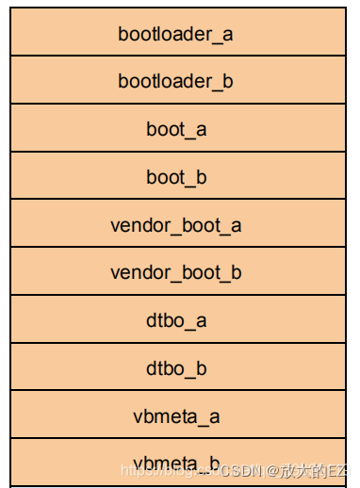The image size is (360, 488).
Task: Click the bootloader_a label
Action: (176, 34)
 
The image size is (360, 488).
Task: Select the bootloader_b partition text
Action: (176, 81)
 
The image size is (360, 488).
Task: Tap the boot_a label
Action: (176, 129)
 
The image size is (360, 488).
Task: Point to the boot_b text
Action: (176, 177)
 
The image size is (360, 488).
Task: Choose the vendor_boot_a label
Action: (176, 225)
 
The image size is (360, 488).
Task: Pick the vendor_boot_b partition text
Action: (176, 272)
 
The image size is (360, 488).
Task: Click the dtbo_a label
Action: (176, 320)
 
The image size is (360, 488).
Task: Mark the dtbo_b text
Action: (176, 368)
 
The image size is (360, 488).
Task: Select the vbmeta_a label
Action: (176, 415)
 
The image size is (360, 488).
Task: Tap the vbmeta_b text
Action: (176, 462)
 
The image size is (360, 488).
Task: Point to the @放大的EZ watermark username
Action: (307, 469)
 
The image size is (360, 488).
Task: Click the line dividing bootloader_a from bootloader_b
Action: (176, 56)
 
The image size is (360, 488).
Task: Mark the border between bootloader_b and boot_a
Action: (176, 104)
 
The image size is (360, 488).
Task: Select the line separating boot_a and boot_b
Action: (176, 152)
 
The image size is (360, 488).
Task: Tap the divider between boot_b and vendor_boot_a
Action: (176, 200)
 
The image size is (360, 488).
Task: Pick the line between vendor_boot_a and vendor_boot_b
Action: (176, 248)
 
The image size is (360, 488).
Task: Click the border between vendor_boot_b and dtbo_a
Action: (176, 295)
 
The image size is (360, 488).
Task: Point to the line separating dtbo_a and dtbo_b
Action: (176, 343)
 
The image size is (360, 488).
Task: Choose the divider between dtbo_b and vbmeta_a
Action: (176, 391)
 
